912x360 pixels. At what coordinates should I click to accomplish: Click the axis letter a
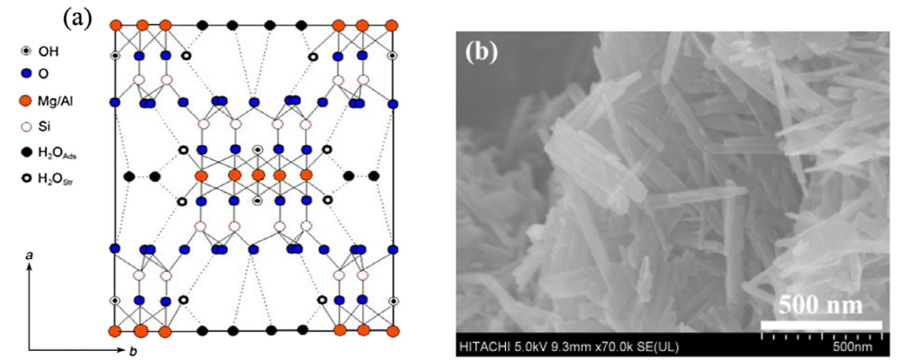(30, 256)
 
